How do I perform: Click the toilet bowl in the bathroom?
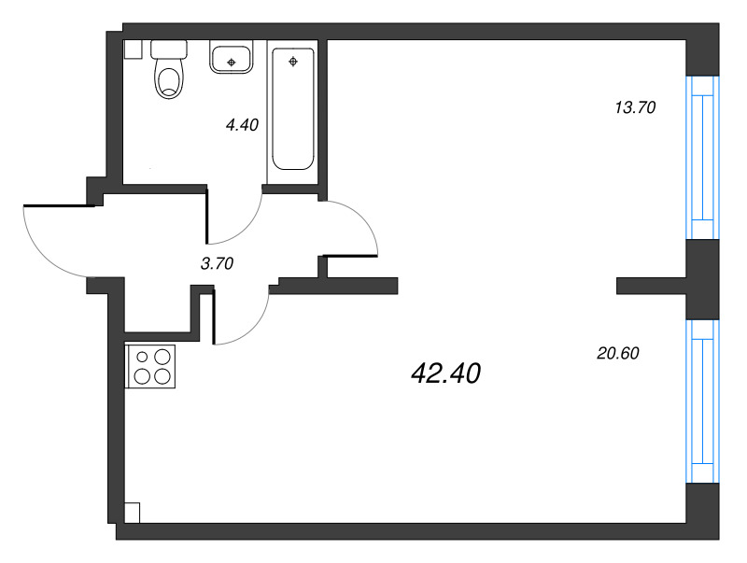coord(167,78)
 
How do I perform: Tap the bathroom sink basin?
coord(231,59)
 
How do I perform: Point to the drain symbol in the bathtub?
coord(293,63)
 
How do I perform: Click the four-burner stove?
coord(150,366)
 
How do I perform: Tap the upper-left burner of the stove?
coord(142,356)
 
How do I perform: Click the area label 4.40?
coord(241,122)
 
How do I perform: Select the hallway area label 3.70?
coord(217,264)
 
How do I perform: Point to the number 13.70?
coord(635,107)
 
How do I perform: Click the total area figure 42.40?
coord(445,374)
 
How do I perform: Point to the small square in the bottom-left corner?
coord(132,513)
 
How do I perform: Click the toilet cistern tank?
coord(168,49)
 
